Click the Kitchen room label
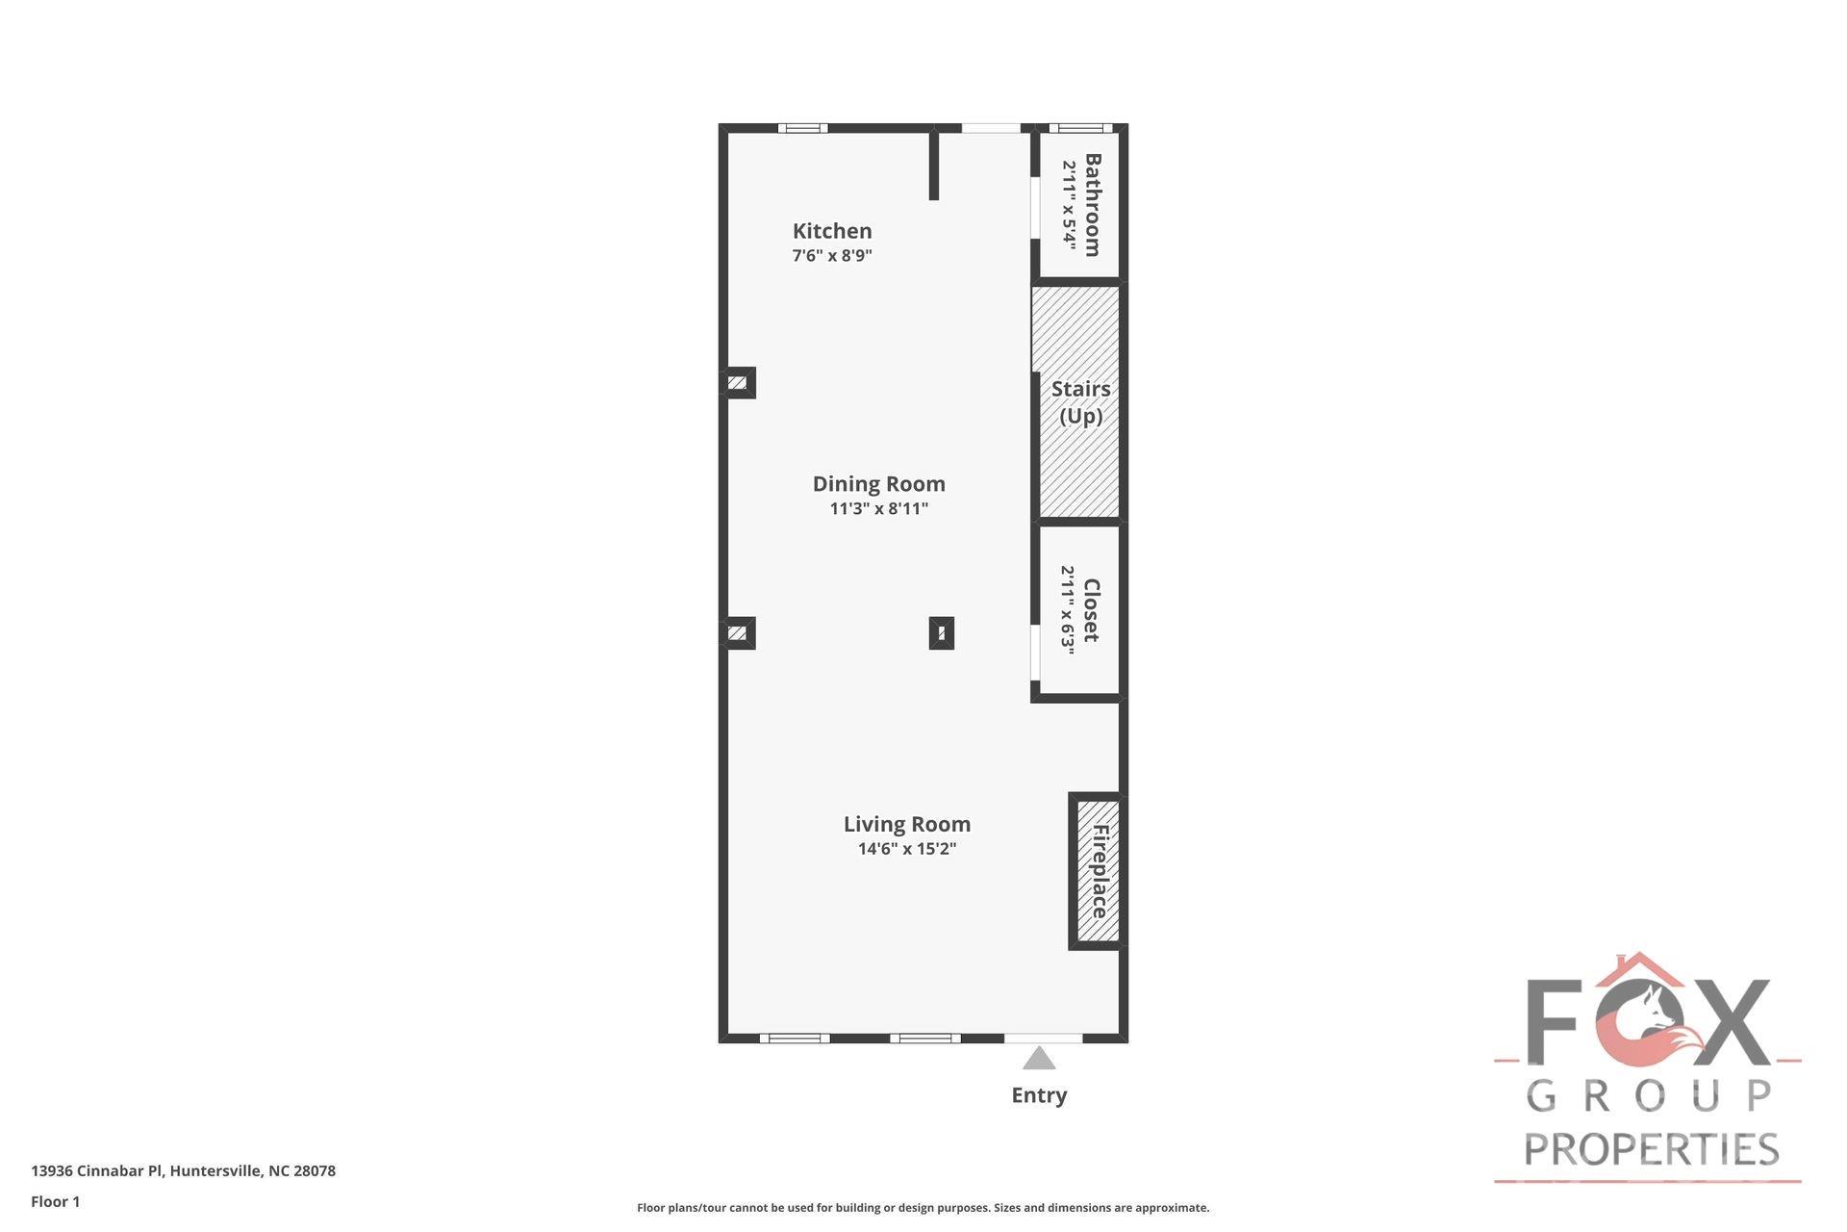coord(832,231)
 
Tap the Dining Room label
coord(878,484)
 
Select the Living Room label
coord(906,824)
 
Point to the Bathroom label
coord(1093,205)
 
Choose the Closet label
coord(1091,610)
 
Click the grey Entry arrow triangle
coord(1039,1059)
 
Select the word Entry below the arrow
coord(1039,1095)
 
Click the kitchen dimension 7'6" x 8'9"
coord(832,256)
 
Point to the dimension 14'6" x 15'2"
coord(906,849)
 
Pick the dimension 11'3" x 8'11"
coord(878,509)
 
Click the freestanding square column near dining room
coord(941,633)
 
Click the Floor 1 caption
coord(56,1201)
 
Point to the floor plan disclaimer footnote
coord(923,1208)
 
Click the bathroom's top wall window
coord(1080,128)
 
